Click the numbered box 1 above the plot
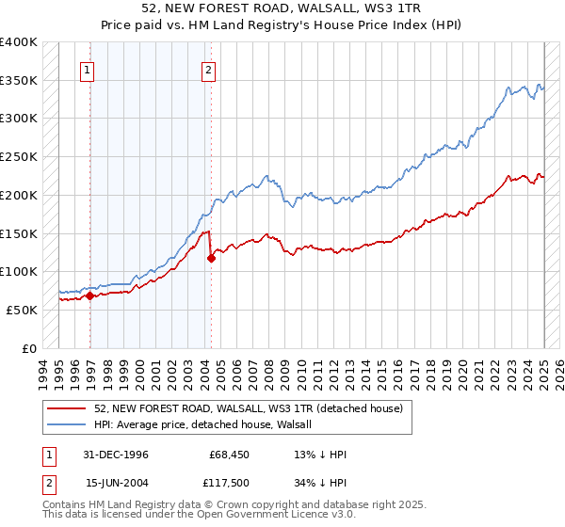click(87, 69)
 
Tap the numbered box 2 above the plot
click(207, 69)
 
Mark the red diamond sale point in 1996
click(90, 295)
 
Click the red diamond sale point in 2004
click(211, 258)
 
